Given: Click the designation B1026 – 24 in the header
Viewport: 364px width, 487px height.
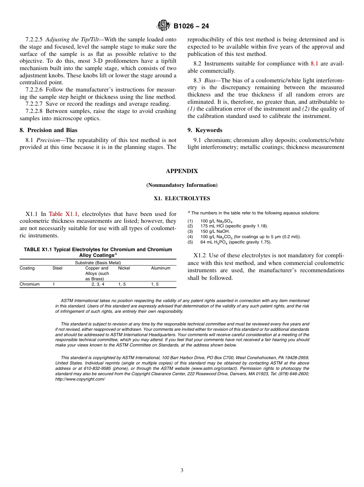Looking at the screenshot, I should coord(191,26).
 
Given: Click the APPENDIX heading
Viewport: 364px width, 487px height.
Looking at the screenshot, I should coord(182,171).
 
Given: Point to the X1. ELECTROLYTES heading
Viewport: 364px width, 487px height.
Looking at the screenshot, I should coord(182,198).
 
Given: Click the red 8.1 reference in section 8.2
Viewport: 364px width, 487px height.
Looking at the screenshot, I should coord(314,64).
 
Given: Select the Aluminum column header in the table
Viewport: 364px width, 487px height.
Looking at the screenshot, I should coord(161,268).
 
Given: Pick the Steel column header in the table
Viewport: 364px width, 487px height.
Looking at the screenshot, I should coord(57,268).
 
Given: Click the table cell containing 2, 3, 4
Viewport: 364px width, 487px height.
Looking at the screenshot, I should coord(97,284).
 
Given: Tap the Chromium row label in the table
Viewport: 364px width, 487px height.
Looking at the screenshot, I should coord(30,284).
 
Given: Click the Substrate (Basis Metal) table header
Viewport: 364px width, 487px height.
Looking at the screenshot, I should coord(98,263).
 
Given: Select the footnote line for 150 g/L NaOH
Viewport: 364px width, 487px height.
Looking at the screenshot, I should coord(215,232).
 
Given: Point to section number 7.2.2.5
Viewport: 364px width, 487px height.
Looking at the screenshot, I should coord(34,39).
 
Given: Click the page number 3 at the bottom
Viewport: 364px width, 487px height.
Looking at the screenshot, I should coord(182,471).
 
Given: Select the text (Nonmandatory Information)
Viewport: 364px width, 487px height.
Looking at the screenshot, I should coord(182,185).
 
